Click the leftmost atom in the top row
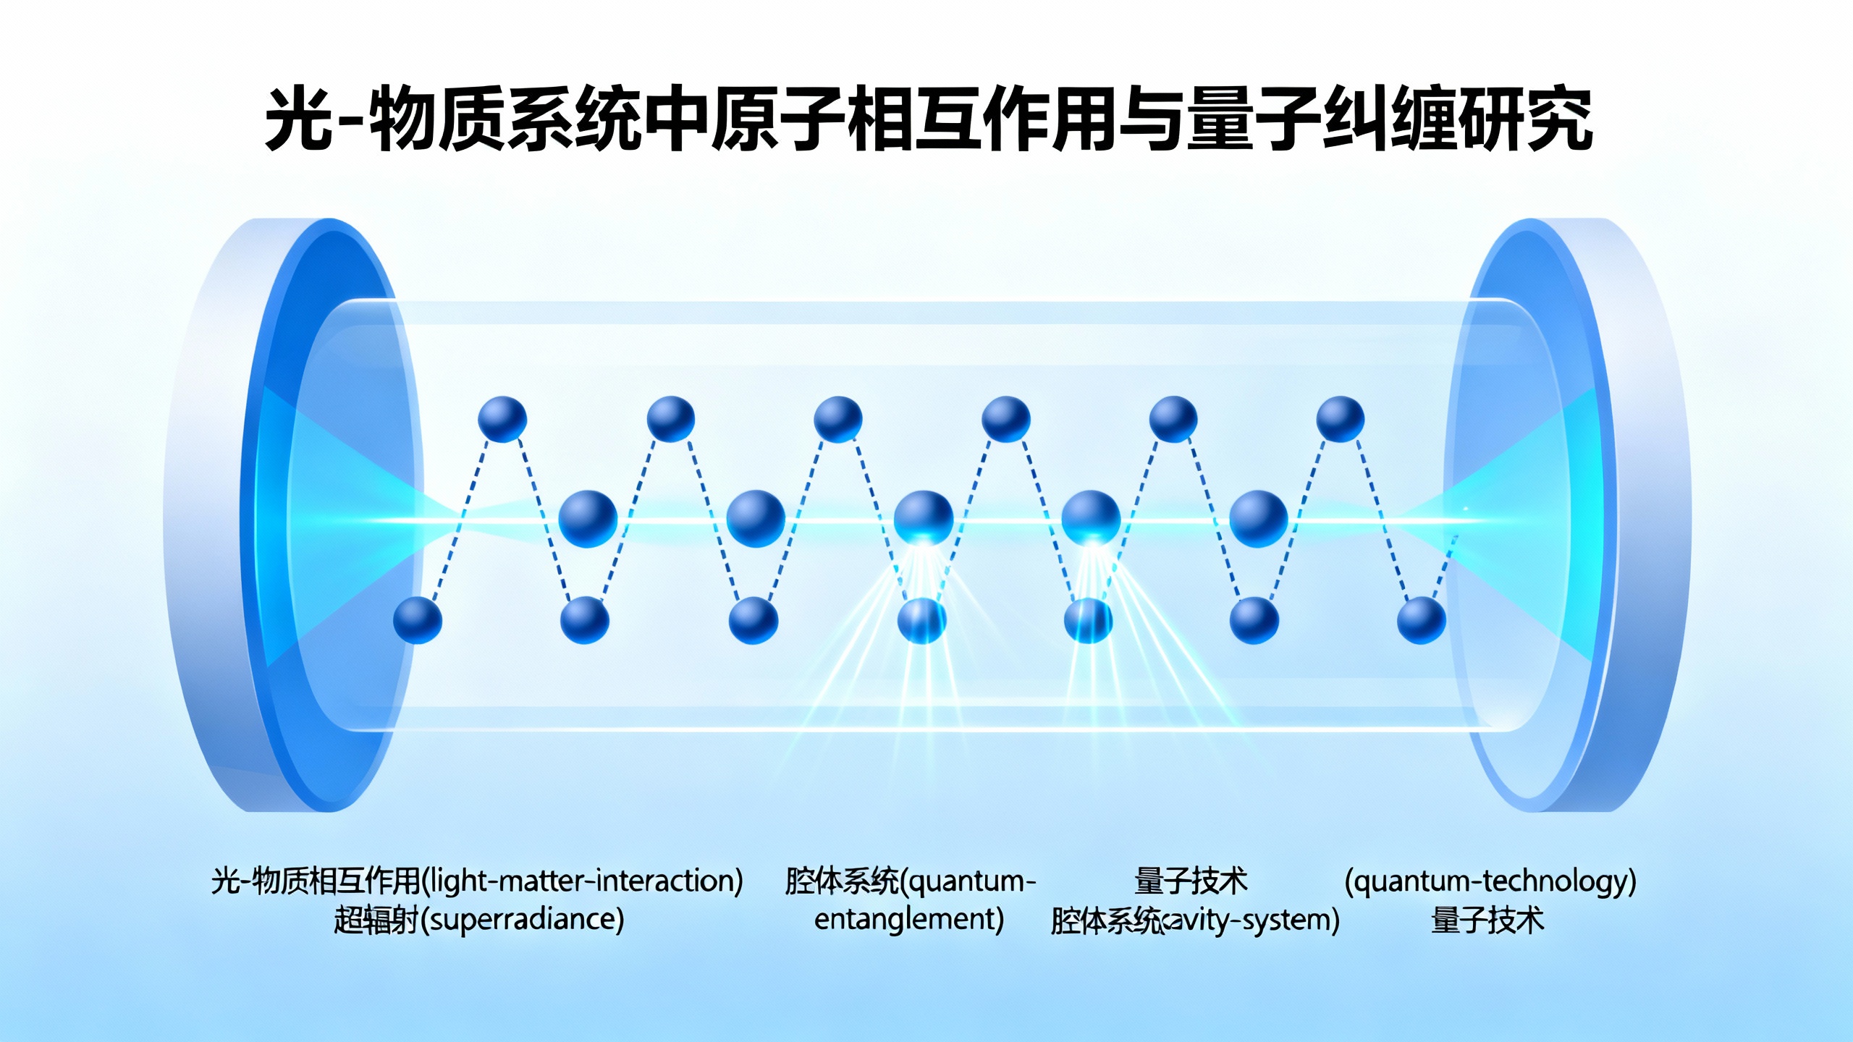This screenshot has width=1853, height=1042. point(502,419)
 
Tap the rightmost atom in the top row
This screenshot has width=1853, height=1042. point(1340,419)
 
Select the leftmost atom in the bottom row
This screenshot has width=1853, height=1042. point(418,620)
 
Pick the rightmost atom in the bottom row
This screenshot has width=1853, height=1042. point(1421,620)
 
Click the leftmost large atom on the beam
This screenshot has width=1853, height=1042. point(588,518)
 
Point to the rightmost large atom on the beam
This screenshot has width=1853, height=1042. point(1258,518)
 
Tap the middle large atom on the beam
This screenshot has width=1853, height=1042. point(923,518)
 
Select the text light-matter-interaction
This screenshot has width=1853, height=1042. point(583,881)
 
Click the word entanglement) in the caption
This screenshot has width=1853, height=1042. point(909,920)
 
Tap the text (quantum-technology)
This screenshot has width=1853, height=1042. point(1490,881)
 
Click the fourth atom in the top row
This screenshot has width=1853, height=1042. point(1005,419)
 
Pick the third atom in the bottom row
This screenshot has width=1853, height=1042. point(753,620)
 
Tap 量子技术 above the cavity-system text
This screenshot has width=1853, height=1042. point(1191,881)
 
